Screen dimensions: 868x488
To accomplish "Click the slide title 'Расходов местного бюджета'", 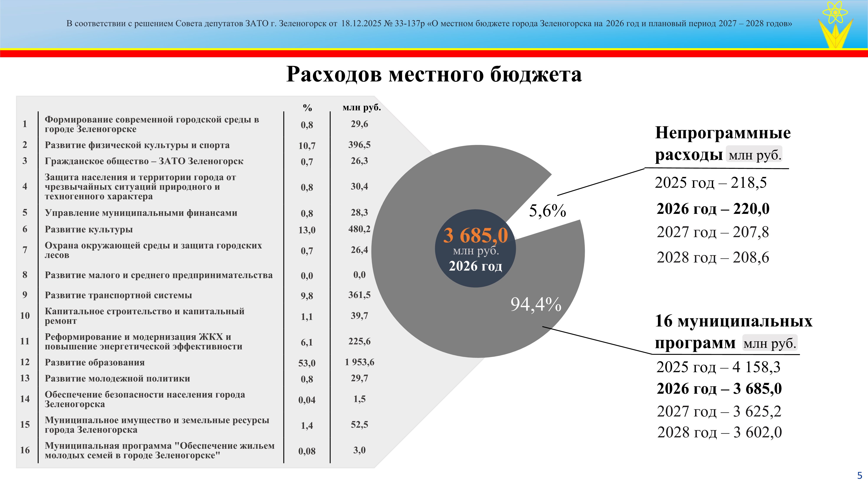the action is point(434,74).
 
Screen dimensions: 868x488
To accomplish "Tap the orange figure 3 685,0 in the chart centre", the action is point(475,235).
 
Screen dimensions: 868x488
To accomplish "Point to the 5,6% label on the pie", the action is point(547,211).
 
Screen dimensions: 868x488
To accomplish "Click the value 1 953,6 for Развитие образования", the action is point(360,362).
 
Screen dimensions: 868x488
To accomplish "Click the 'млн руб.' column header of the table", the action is point(362,107).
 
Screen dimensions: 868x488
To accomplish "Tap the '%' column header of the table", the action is point(307,108).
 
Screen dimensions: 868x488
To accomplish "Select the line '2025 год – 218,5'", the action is point(711,183).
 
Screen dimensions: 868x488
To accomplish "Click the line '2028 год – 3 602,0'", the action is point(719,432).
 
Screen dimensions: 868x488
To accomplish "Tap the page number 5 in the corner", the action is point(860,476).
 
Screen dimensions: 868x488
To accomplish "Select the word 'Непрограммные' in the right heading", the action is point(723,133).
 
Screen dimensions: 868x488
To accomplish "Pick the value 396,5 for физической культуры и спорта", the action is point(360,145).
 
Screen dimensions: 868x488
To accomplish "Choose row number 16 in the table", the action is point(25,450).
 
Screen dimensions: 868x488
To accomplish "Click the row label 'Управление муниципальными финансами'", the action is point(141,213).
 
